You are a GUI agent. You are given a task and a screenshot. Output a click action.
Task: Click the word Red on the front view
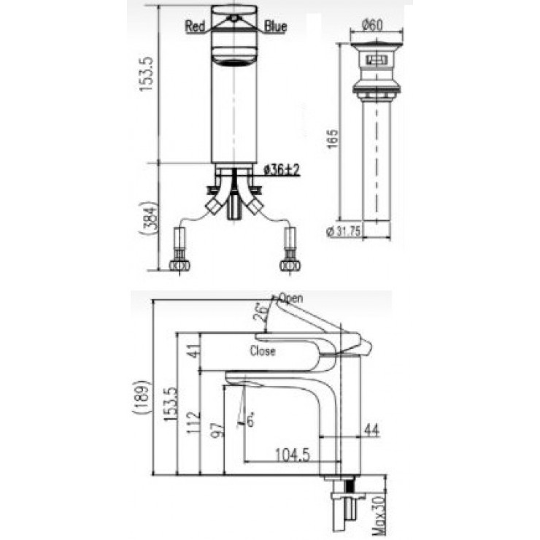tap(196, 27)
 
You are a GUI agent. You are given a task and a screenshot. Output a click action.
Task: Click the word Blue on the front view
tap(274, 27)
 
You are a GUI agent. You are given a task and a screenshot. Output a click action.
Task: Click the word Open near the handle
tap(290, 298)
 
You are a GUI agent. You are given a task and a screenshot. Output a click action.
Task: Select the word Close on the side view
tap(263, 351)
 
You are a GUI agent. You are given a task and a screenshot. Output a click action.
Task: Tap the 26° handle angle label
tap(260, 312)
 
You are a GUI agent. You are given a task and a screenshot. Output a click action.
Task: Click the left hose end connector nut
tap(180, 264)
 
